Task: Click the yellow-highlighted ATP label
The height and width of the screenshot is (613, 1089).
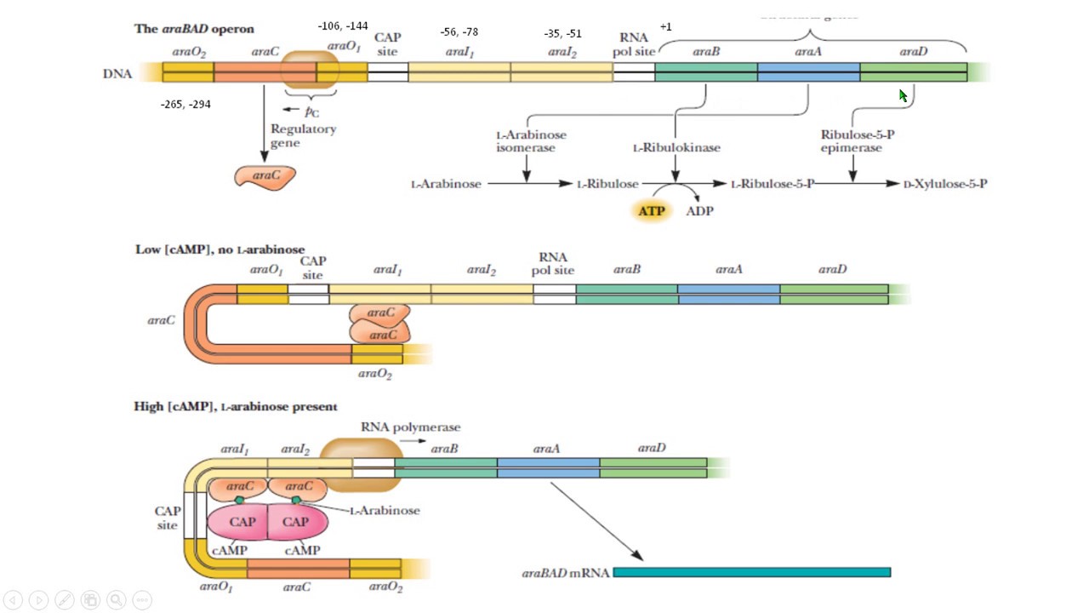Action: click(652, 210)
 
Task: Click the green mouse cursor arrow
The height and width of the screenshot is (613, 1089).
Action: click(904, 95)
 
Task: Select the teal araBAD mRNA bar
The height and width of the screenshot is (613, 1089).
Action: click(751, 572)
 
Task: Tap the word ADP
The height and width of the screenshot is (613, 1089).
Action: click(699, 211)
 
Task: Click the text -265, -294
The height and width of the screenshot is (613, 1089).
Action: click(185, 105)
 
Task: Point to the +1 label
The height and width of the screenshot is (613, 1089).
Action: click(665, 27)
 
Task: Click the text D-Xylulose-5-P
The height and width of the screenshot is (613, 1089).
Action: click(944, 184)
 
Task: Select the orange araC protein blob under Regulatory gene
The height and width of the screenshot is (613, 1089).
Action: click(265, 176)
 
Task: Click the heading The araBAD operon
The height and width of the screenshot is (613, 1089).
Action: click(194, 29)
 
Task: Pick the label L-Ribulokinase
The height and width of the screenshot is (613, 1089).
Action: click(676, 148)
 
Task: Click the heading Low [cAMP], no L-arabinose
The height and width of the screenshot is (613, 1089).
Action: click(220, 249)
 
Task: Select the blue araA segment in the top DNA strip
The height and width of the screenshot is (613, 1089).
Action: click(808, 72)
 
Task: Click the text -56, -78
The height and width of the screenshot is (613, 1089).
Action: click(459, 32)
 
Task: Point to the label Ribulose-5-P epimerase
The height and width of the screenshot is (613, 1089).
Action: click(851, 141)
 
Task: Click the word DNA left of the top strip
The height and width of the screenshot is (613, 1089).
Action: click(117, 74)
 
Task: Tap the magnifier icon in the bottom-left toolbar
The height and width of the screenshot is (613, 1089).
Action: click(116, 599)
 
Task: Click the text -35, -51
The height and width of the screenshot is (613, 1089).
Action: click(562, 34)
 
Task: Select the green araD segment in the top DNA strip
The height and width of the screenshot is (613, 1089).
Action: click(913, 72)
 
